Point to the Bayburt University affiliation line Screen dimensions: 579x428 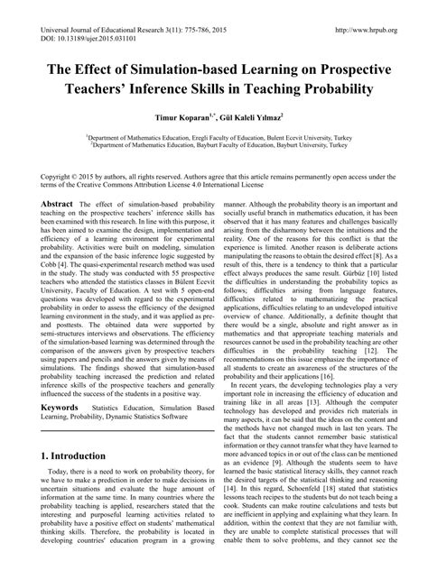coord(214,144)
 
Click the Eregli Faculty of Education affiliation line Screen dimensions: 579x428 coord(214,136)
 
